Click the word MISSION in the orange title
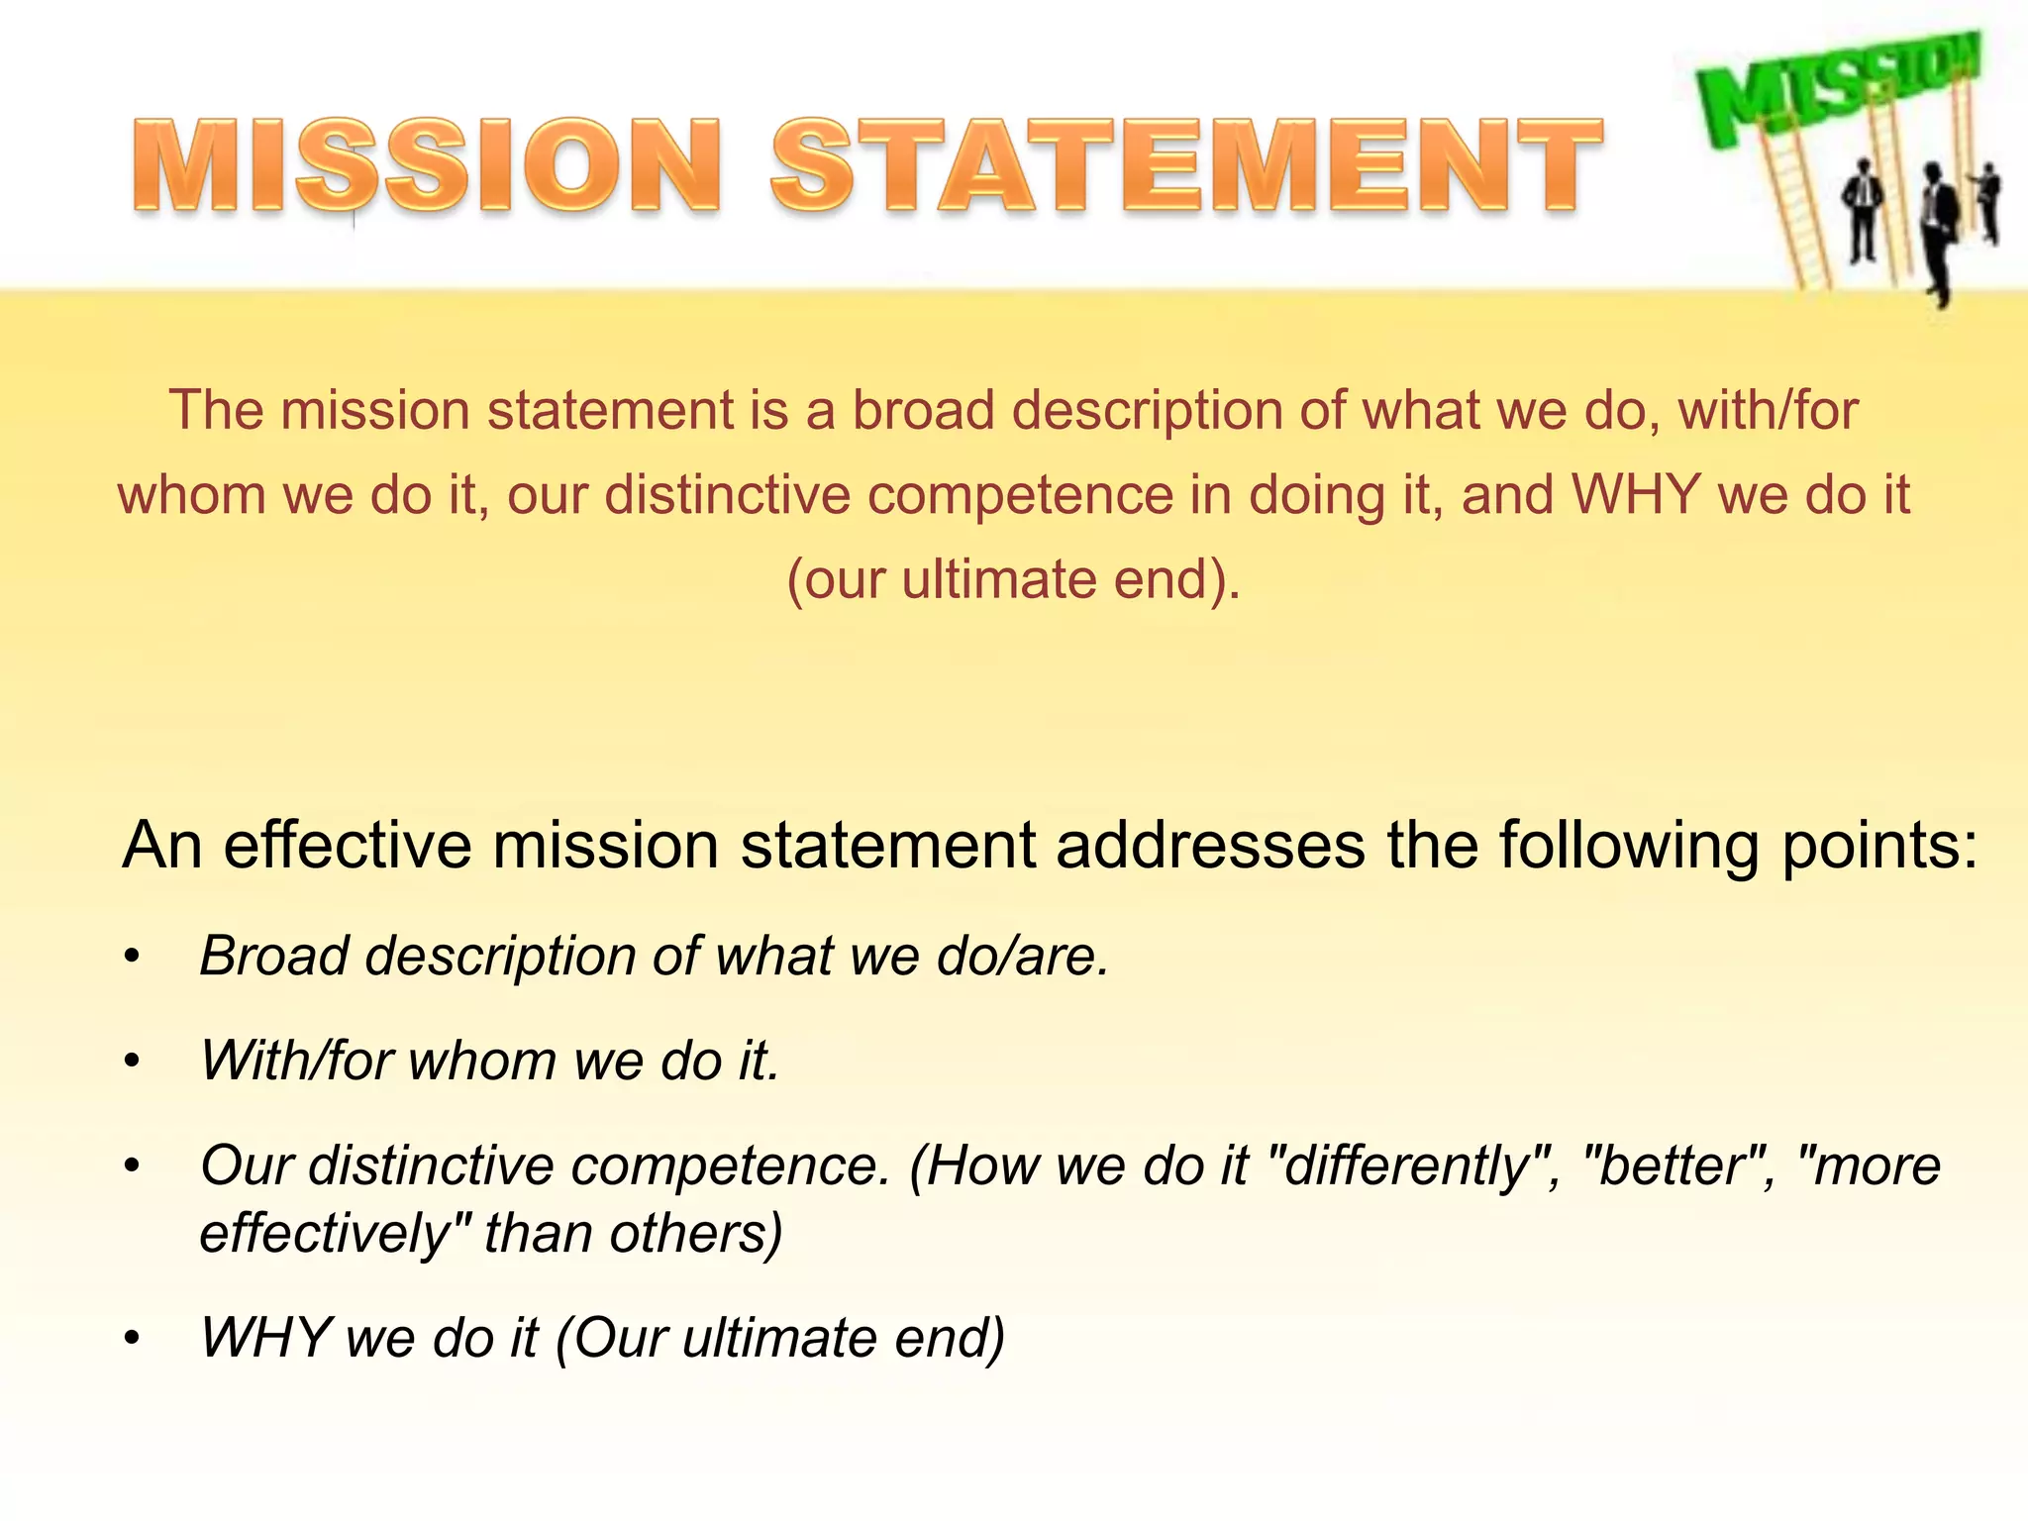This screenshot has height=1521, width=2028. point(426,164)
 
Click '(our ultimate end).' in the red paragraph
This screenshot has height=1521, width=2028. point(1013,579)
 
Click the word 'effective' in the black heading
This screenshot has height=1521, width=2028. point(348,846)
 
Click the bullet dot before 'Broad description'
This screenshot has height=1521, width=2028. point(133,959)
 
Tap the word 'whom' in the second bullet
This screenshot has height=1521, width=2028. point(483,1061)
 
